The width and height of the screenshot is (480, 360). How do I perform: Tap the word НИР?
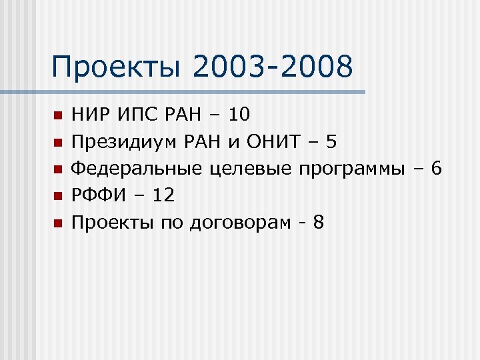(90, 115)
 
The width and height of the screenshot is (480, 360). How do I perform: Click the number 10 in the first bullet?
(239, 115)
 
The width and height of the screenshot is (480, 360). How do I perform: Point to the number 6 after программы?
(436, 169)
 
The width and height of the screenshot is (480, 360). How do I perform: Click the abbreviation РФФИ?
(99, 195)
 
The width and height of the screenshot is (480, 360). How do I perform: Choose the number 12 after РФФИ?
(163, 195)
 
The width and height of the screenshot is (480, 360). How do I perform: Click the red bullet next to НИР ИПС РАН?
(57, 116)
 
